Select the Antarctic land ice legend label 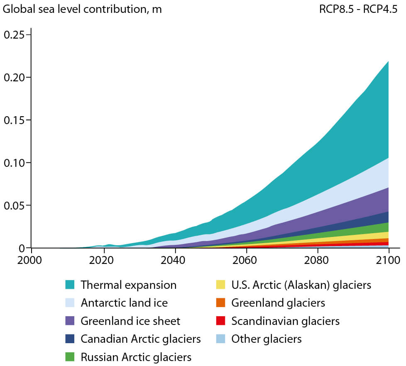(x=124, y=303)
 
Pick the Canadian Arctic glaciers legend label (x=141, y=339)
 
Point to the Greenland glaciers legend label (x=278, y=303)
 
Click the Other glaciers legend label (x=267, y=339)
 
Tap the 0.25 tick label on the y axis (x=14, y=34)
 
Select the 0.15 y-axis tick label (x=14, y=120)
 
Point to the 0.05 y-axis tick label (x=14, y=205)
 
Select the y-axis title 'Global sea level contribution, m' (x=82, y=9)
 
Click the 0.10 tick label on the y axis (x=14, y=163)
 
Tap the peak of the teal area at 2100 (x=389, y=62)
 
